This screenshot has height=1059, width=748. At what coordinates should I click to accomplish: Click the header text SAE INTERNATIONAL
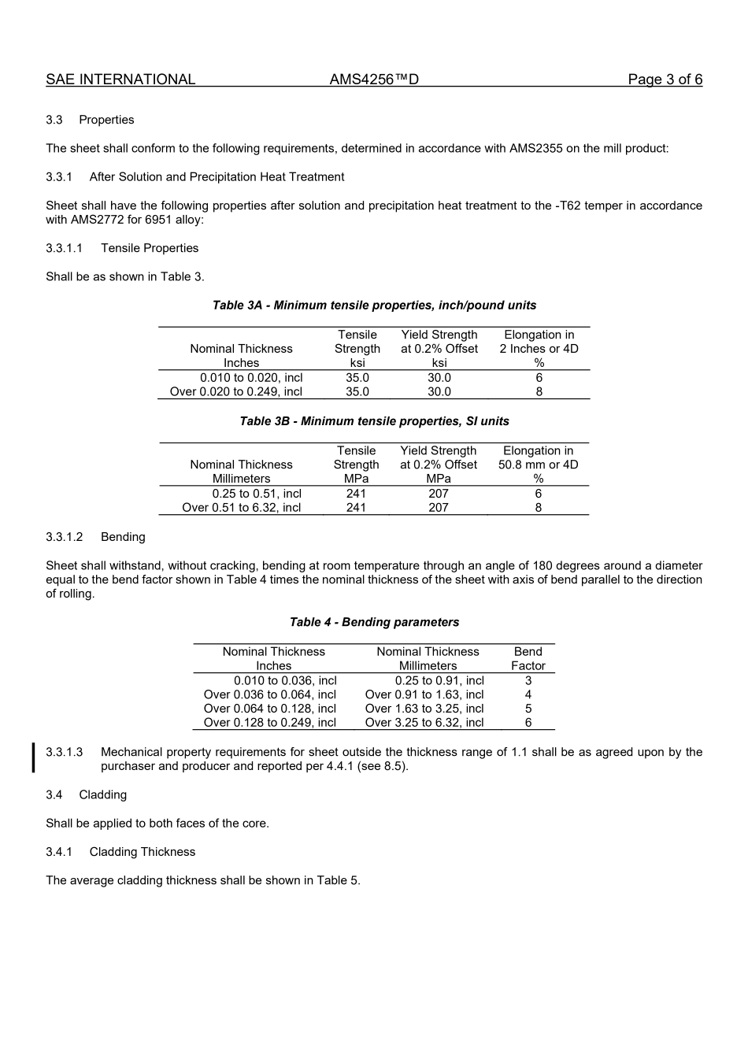(x=120, y=80)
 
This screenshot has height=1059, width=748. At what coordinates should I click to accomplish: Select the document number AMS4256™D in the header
(x=374, y=80)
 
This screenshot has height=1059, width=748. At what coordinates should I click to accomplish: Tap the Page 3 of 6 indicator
(x=665, y=80)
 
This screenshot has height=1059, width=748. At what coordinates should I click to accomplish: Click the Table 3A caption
(x=374, y=305)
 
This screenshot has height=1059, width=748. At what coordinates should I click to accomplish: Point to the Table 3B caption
(x=374, y=421)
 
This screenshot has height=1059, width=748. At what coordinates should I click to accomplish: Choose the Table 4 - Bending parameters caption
(x=374, y=622)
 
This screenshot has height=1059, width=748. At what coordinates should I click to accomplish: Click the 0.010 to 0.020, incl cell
(x=251, y=378)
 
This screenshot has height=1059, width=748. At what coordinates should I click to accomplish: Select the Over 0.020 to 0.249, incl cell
(x=236, y=392)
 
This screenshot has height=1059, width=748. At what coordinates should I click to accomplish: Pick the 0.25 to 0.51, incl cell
(x=257, y=494)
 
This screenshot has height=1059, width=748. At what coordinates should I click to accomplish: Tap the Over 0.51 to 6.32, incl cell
(x=242, y=508)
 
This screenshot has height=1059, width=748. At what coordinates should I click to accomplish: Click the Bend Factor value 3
(x=528, y=681)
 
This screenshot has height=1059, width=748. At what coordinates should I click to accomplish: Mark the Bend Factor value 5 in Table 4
(x=528, y=709)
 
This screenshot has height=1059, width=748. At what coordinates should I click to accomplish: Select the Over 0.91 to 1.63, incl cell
(x=424, y=694)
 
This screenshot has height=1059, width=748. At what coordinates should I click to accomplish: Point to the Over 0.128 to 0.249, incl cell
(x=270, y=723)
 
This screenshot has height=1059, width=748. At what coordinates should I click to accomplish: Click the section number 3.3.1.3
(x=64, y=752)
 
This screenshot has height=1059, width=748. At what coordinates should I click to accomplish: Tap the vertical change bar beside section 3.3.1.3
(x=33, y=758)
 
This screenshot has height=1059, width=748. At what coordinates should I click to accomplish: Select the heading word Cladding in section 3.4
(x=102, y=795)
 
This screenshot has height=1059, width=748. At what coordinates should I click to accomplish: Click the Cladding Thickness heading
(x=142, y=852)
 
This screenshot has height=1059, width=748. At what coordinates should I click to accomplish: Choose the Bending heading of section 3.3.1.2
(x=123, y=537)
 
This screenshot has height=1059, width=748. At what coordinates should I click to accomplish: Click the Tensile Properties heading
(x=150, y=248)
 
